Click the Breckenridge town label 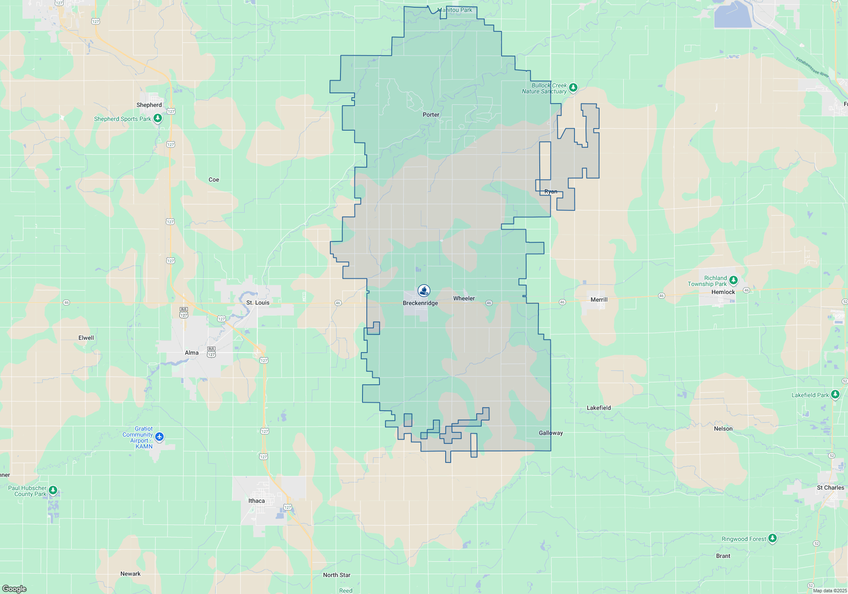click(420, 303)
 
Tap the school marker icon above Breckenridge click(424, 291)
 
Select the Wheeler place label click(464, 298)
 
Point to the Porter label click(431, 115)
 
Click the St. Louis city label click(258, 303)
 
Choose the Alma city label click(192, 353)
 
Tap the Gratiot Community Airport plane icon click(159, 437)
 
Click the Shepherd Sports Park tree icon click(158, 118)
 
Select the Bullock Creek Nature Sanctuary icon click(573, 88)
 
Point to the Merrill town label click(599, 300)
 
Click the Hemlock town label click(723, 292)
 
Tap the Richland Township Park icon click(734, 280)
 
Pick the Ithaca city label click(257, 501)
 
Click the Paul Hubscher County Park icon click(53, 490)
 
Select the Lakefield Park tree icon click(835, 395)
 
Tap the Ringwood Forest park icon click(773, 538)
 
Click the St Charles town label click(830, 488)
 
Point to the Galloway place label click(551, 433)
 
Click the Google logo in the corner click(14, 589)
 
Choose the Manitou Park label click(455, 10)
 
